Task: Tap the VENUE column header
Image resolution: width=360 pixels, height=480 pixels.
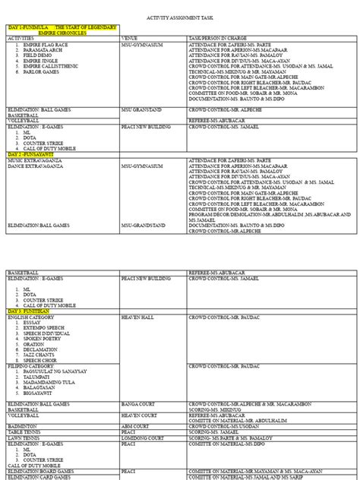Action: [130, 37]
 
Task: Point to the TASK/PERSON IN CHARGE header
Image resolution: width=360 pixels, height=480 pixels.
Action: [220, 37]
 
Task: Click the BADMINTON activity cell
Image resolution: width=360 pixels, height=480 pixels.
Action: [24, 426]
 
